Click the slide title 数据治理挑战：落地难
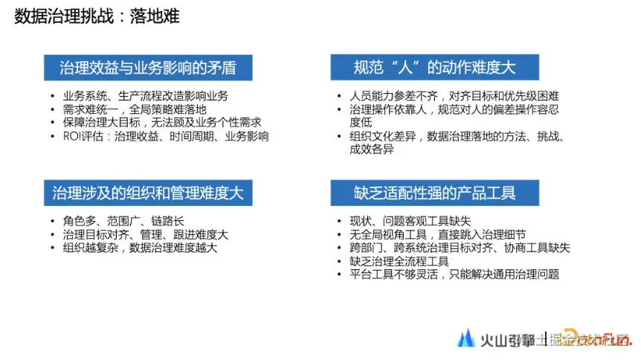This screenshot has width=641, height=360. tap(97, 16)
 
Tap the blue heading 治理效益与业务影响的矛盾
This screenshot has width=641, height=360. tap(148, 68)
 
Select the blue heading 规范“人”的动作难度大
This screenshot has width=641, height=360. tap(434, 68)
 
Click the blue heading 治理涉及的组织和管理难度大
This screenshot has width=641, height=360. tap(148, 193)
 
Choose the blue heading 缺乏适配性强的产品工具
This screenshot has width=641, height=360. tap(434, 193)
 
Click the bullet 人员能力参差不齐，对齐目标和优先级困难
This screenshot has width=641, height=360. tap(454, 96)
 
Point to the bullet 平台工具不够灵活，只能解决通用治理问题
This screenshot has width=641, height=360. tap(454, 274)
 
